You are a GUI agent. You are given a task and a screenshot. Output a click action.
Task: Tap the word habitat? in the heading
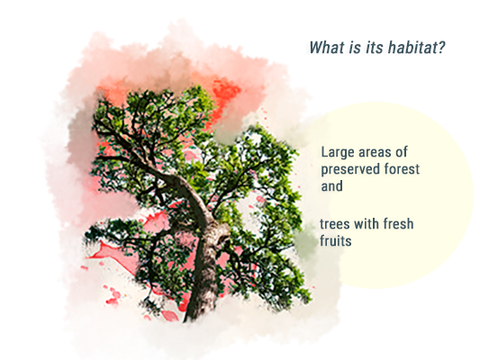(x=417, y=48)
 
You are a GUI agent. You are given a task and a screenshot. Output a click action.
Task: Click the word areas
(x=375, y=153)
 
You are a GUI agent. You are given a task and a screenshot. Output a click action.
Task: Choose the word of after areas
(x=402, y=152)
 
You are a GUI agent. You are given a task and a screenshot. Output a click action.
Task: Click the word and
(x=331, y=186)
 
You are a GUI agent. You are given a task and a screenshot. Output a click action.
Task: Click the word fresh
(x=398, y=224)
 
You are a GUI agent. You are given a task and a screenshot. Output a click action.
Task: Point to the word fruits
(x=336, y=240)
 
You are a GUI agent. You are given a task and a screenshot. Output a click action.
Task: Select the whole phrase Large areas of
(x=365, y=153)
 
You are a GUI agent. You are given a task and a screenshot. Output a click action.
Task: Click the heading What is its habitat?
(x=377, y=48)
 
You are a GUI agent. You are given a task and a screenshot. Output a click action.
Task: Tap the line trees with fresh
(x=367, y=224)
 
